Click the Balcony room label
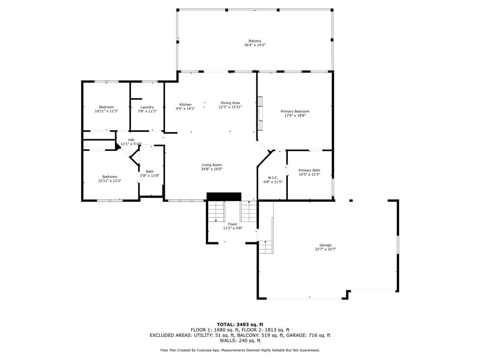[x=255, y=41]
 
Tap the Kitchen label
[x=185, y=105]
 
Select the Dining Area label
[x=230, y=103]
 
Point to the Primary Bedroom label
[x=295, y=112]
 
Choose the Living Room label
[x=211, y=165]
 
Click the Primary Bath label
[x=309, y=171]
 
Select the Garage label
[x=325, y=245]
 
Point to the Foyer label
[x=232, y=224]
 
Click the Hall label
[x=131, y=140]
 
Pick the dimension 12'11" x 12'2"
[x=107, y=181]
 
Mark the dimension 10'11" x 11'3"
[x=106, y=111]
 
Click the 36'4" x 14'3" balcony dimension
[x=255, y=45]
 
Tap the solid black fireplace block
[x=224, y=196]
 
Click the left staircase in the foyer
[x=216, y=211]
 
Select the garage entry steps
[x=265, y=247]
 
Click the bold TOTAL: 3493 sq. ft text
[x=240, y=324]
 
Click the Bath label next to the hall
[x=150, y=172]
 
